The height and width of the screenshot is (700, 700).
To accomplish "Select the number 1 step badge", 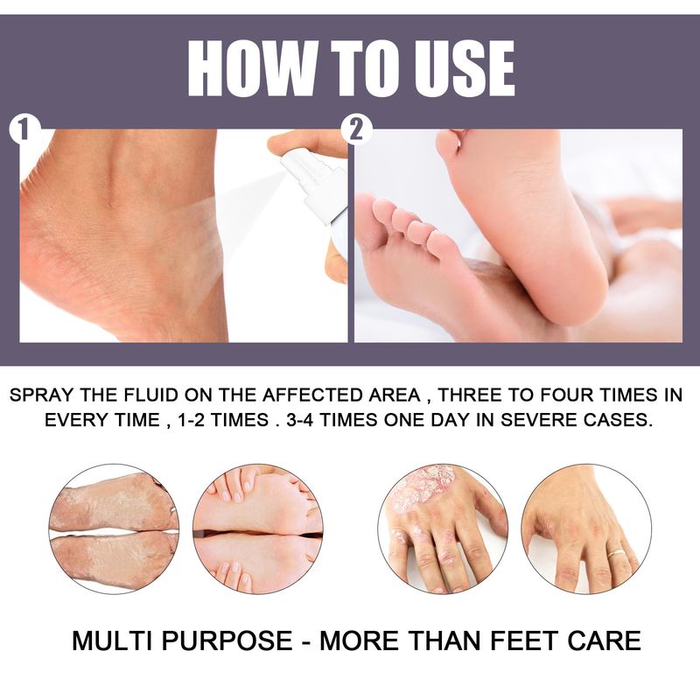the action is tap(24, 130).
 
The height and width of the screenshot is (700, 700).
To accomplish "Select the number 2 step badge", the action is tap(356, 130).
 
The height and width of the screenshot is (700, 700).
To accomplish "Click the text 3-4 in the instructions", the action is tap(299, 420).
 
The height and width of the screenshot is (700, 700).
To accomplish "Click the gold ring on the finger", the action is tap(616, 553).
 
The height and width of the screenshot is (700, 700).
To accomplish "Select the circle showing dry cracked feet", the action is tap(115, 529).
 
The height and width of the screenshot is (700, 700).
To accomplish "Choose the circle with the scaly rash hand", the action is tap(443, 529).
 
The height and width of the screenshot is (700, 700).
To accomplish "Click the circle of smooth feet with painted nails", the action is tap(258, 529).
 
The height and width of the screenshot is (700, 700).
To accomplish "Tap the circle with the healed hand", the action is tap(586, 529).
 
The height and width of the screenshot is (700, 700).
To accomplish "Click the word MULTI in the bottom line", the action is tap(113, 640).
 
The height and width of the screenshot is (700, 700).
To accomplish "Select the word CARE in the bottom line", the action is tap(605, 640).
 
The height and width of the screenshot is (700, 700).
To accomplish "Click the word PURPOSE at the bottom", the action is tap(227, 640).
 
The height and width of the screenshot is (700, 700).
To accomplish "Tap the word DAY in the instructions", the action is tap(448, 420).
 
